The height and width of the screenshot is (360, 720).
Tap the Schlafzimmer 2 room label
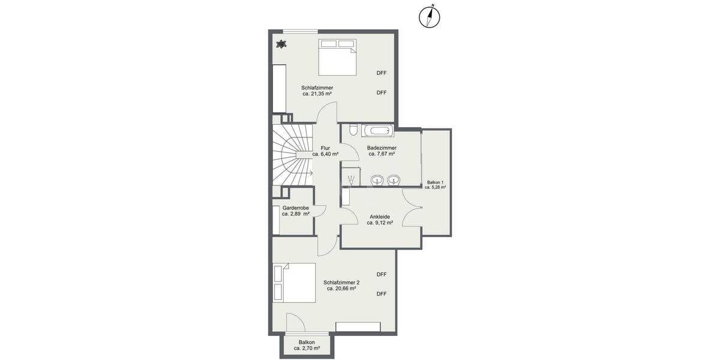(341, 282)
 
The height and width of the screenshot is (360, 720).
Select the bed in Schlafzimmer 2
(294, 283)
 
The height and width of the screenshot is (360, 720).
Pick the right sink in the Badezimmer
(394, 179)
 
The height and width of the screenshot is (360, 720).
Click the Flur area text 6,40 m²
(325, 154)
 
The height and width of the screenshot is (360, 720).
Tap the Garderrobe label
(295, 208)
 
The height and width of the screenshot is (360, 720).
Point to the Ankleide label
(380, 217)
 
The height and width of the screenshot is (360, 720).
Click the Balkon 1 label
(435, 182)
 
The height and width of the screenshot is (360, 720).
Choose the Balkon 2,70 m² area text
(307, 348)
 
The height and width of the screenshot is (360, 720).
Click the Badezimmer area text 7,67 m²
(381, 154)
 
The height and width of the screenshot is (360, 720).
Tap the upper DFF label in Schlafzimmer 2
(382, 274)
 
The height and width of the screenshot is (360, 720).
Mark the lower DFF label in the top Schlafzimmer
(382, 92)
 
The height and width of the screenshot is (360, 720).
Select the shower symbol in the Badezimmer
(351, 178)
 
